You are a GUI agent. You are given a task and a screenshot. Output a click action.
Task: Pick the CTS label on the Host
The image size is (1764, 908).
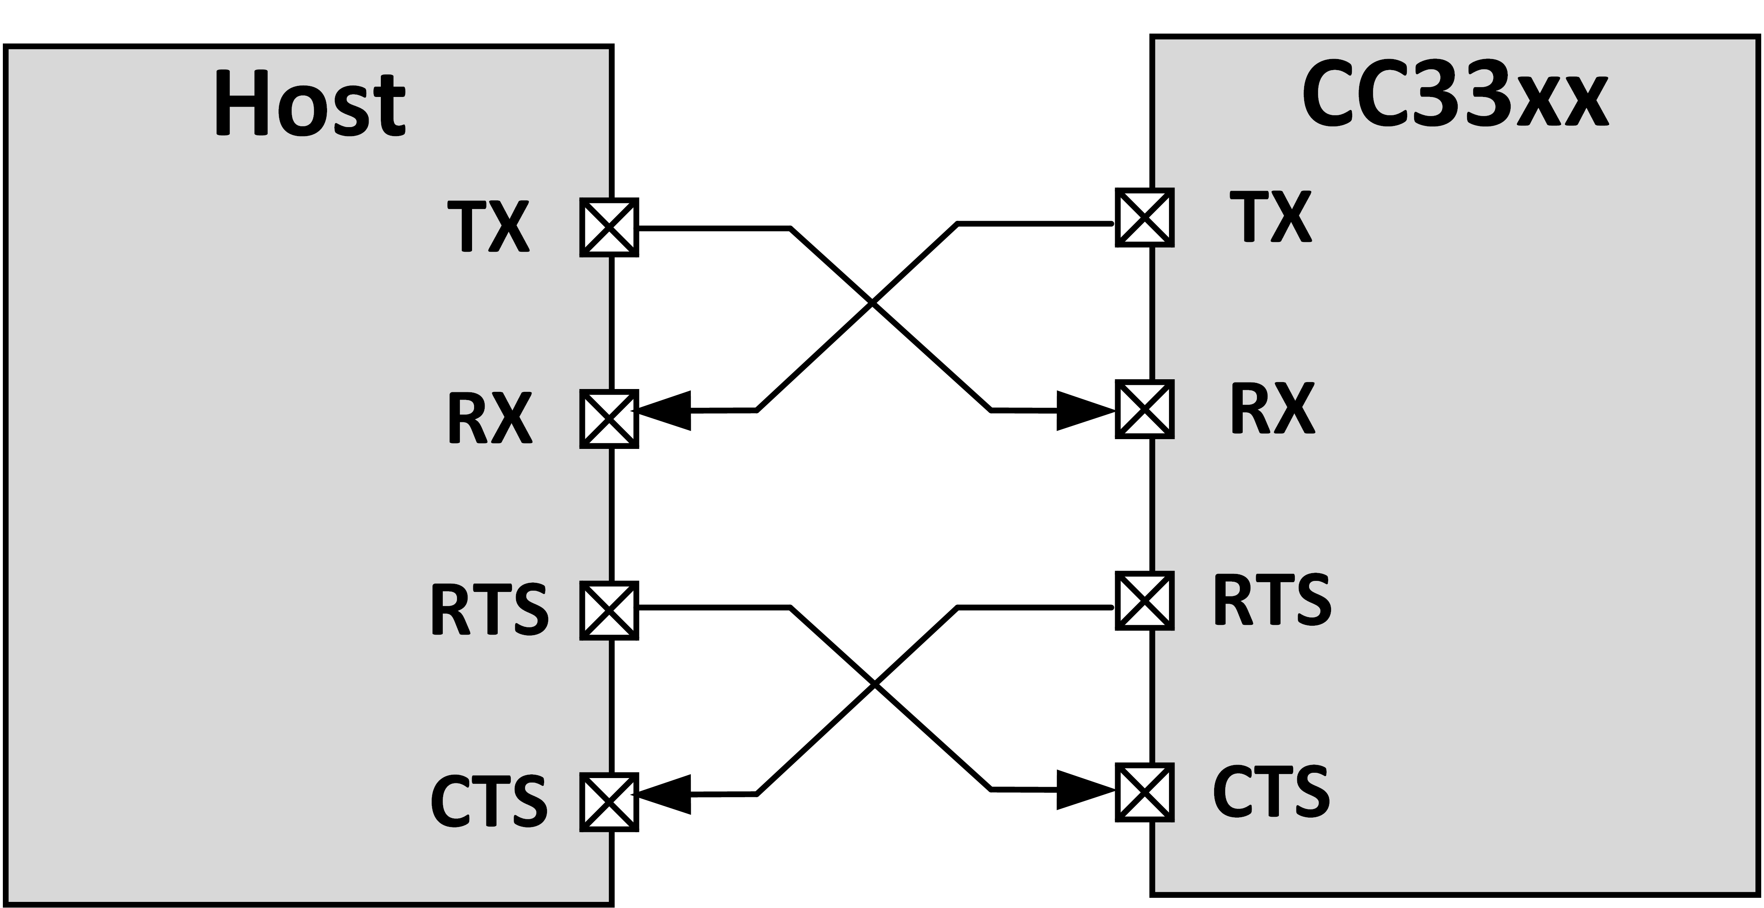[489, 801]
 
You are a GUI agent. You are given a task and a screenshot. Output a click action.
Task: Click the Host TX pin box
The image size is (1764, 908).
[609, 227]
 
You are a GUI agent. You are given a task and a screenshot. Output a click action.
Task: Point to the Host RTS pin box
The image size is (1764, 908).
[609, 610]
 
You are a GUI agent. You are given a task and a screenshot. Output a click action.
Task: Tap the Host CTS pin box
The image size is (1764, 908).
[609, 802]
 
